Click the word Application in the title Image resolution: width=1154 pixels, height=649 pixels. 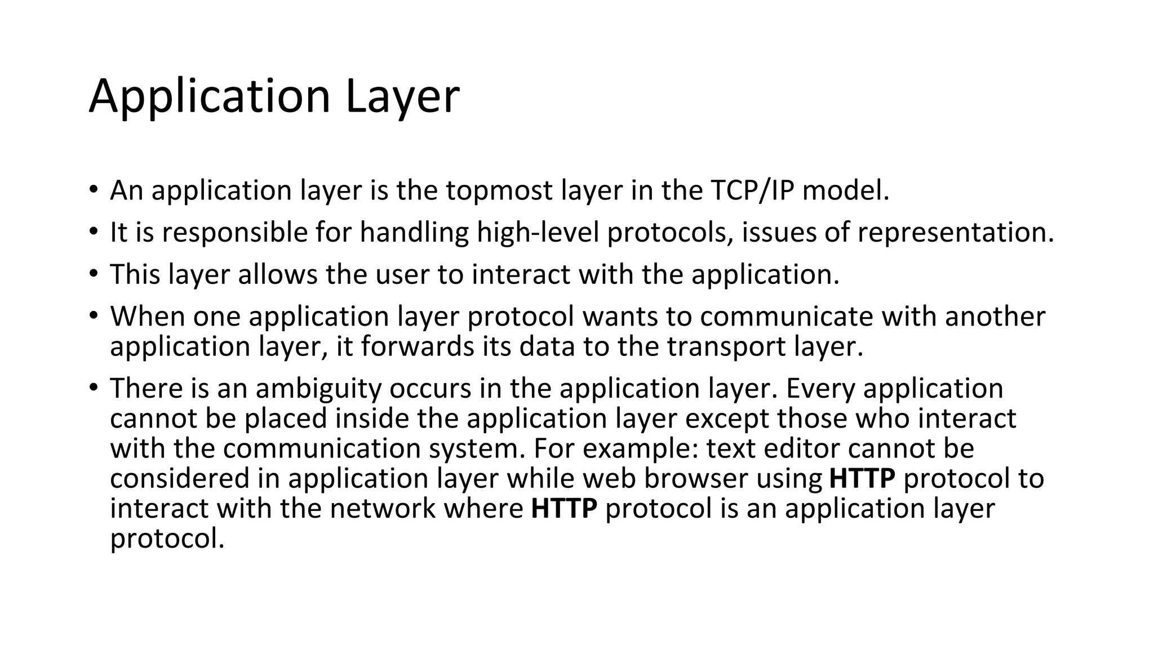[209, 97]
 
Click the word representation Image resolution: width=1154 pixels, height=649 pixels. [955, 232]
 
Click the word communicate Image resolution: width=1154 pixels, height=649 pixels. [786, 316]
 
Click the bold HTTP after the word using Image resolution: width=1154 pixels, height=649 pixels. [862, 478]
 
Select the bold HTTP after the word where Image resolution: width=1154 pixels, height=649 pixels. [563, 508]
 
